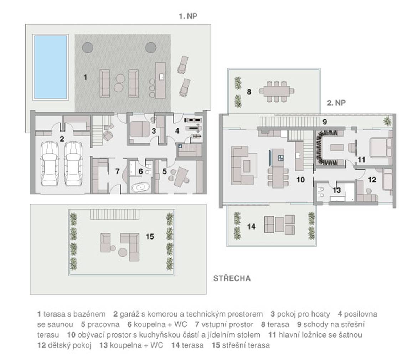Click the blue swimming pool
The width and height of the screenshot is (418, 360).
click(x=50, y=67)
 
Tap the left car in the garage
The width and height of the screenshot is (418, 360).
click(x=49, y=164)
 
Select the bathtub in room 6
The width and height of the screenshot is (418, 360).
click(x=140, y=187)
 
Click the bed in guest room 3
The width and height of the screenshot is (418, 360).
click(x=140, y=129)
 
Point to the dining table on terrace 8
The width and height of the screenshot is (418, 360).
click(x=277, y=92)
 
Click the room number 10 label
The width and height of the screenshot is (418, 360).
click(x=300, y=180)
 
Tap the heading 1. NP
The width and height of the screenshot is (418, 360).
click(x=188, y=16)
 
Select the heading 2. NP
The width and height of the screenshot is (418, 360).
click(x=336, y=103)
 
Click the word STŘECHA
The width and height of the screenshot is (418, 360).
click(x=232, y=278)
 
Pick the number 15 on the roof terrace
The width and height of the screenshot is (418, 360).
click(x=150, y=236)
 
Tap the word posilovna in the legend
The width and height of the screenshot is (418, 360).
click(x=360, y=314)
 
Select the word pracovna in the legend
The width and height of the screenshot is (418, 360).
click(x=103, y=324)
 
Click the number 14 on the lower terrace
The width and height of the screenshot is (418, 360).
click(x=251, y=227)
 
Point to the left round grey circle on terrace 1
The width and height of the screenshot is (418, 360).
click(x=88, y=48)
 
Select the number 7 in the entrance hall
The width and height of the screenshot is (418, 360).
click(x=118, y=171)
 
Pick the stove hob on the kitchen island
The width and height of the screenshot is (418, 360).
click(x=281, y=158)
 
